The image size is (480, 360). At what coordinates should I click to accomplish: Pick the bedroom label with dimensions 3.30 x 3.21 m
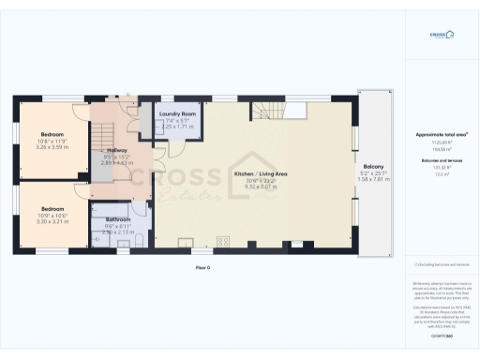pyautogui.click(x=52, y=208)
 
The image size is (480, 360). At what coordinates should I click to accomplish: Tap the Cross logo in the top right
pyautogui.click(x=442, y=35)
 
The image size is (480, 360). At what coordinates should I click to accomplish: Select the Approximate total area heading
pyautogui.click(x=442, y=134)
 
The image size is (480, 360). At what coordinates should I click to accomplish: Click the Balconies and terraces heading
pyautogui.click(x=442, y=160)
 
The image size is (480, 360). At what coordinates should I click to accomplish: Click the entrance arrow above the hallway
pyautogui.click(x=118, y=97)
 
